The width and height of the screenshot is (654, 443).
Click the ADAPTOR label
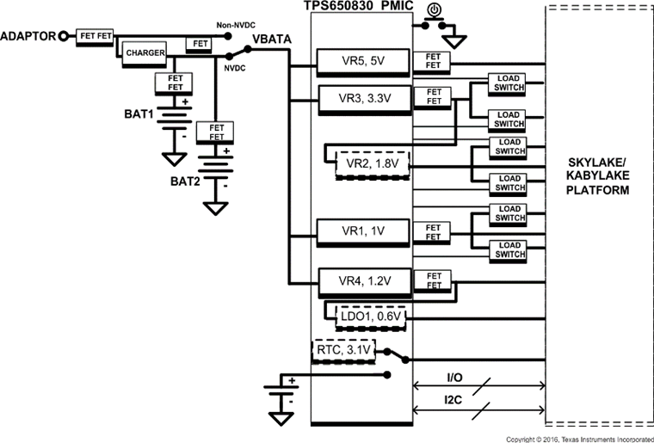tap(28, 36)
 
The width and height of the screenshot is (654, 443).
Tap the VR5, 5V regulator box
tap(356, 62)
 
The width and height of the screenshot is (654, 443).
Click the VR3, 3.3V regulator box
tap(356, 97)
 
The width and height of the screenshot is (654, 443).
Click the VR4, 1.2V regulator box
tap(356, 280)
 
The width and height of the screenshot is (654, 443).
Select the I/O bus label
tap(453, 378)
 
